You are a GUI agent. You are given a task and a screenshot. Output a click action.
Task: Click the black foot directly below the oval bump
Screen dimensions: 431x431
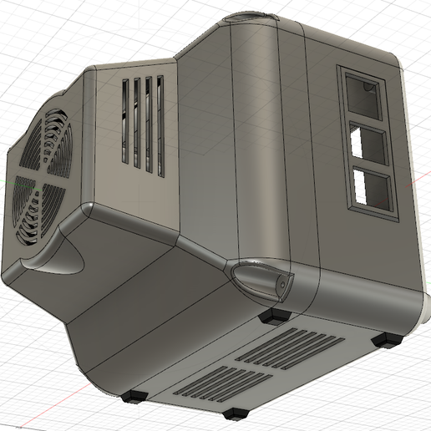pyautogui.click(x=276, y=317)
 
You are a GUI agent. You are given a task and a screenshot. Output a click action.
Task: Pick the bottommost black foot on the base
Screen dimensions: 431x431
pyautogui.click(x=235, y=413)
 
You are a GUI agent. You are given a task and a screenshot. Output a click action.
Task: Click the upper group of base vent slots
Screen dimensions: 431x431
pyautogui.click(x=292, y=346)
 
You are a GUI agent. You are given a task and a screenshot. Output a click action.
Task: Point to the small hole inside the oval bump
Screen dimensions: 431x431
pyautogui.click(x=284, y=285)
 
